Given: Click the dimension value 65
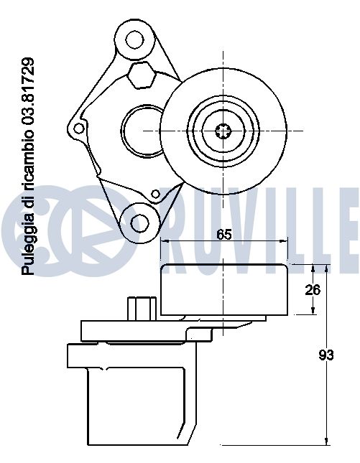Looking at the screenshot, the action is tap(223, 235).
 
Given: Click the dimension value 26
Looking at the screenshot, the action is tap(313, 290).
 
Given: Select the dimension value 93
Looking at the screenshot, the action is tap(326, 355).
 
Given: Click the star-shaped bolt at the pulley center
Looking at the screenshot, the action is tap(223, 131).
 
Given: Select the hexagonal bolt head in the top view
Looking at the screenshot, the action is tap(142, 75).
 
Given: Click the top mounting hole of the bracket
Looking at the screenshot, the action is tap(135, 39).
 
